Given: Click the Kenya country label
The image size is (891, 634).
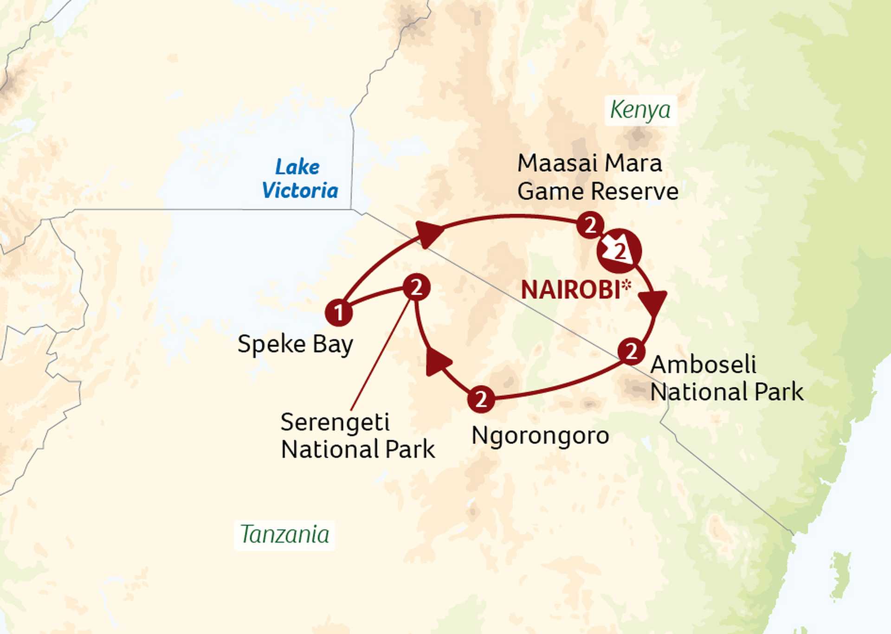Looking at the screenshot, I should point(640,110).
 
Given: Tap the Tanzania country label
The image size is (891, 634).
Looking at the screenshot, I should point(284,534).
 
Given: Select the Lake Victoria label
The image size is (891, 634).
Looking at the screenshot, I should point(299,179).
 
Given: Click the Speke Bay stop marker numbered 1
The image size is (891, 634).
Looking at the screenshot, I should point(339,312).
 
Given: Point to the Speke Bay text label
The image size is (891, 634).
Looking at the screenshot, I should point(295,345).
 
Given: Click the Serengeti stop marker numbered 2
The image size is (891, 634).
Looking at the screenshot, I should point(416,288).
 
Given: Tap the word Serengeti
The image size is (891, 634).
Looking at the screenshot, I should point(335,423).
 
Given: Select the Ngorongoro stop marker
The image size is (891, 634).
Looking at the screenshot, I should point(481,399).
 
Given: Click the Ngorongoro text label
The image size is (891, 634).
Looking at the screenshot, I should point(540,436).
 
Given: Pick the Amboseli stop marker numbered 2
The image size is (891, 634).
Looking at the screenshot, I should point(631,352).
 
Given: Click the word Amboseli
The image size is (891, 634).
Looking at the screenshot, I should point(703,365).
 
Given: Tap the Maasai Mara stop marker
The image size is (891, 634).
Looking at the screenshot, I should point(590,225).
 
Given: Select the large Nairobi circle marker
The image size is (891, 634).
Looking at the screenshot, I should point(620,251).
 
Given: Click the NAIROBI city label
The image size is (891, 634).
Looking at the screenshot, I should point(571,290).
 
